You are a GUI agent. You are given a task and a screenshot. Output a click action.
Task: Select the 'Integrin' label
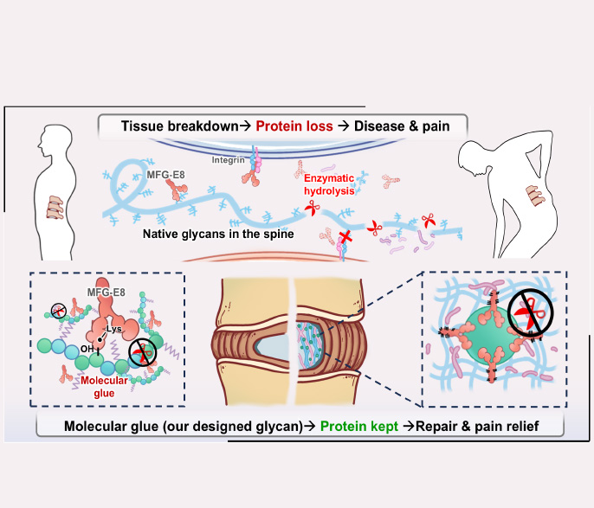pyautogui.click(x=228, y=159)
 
